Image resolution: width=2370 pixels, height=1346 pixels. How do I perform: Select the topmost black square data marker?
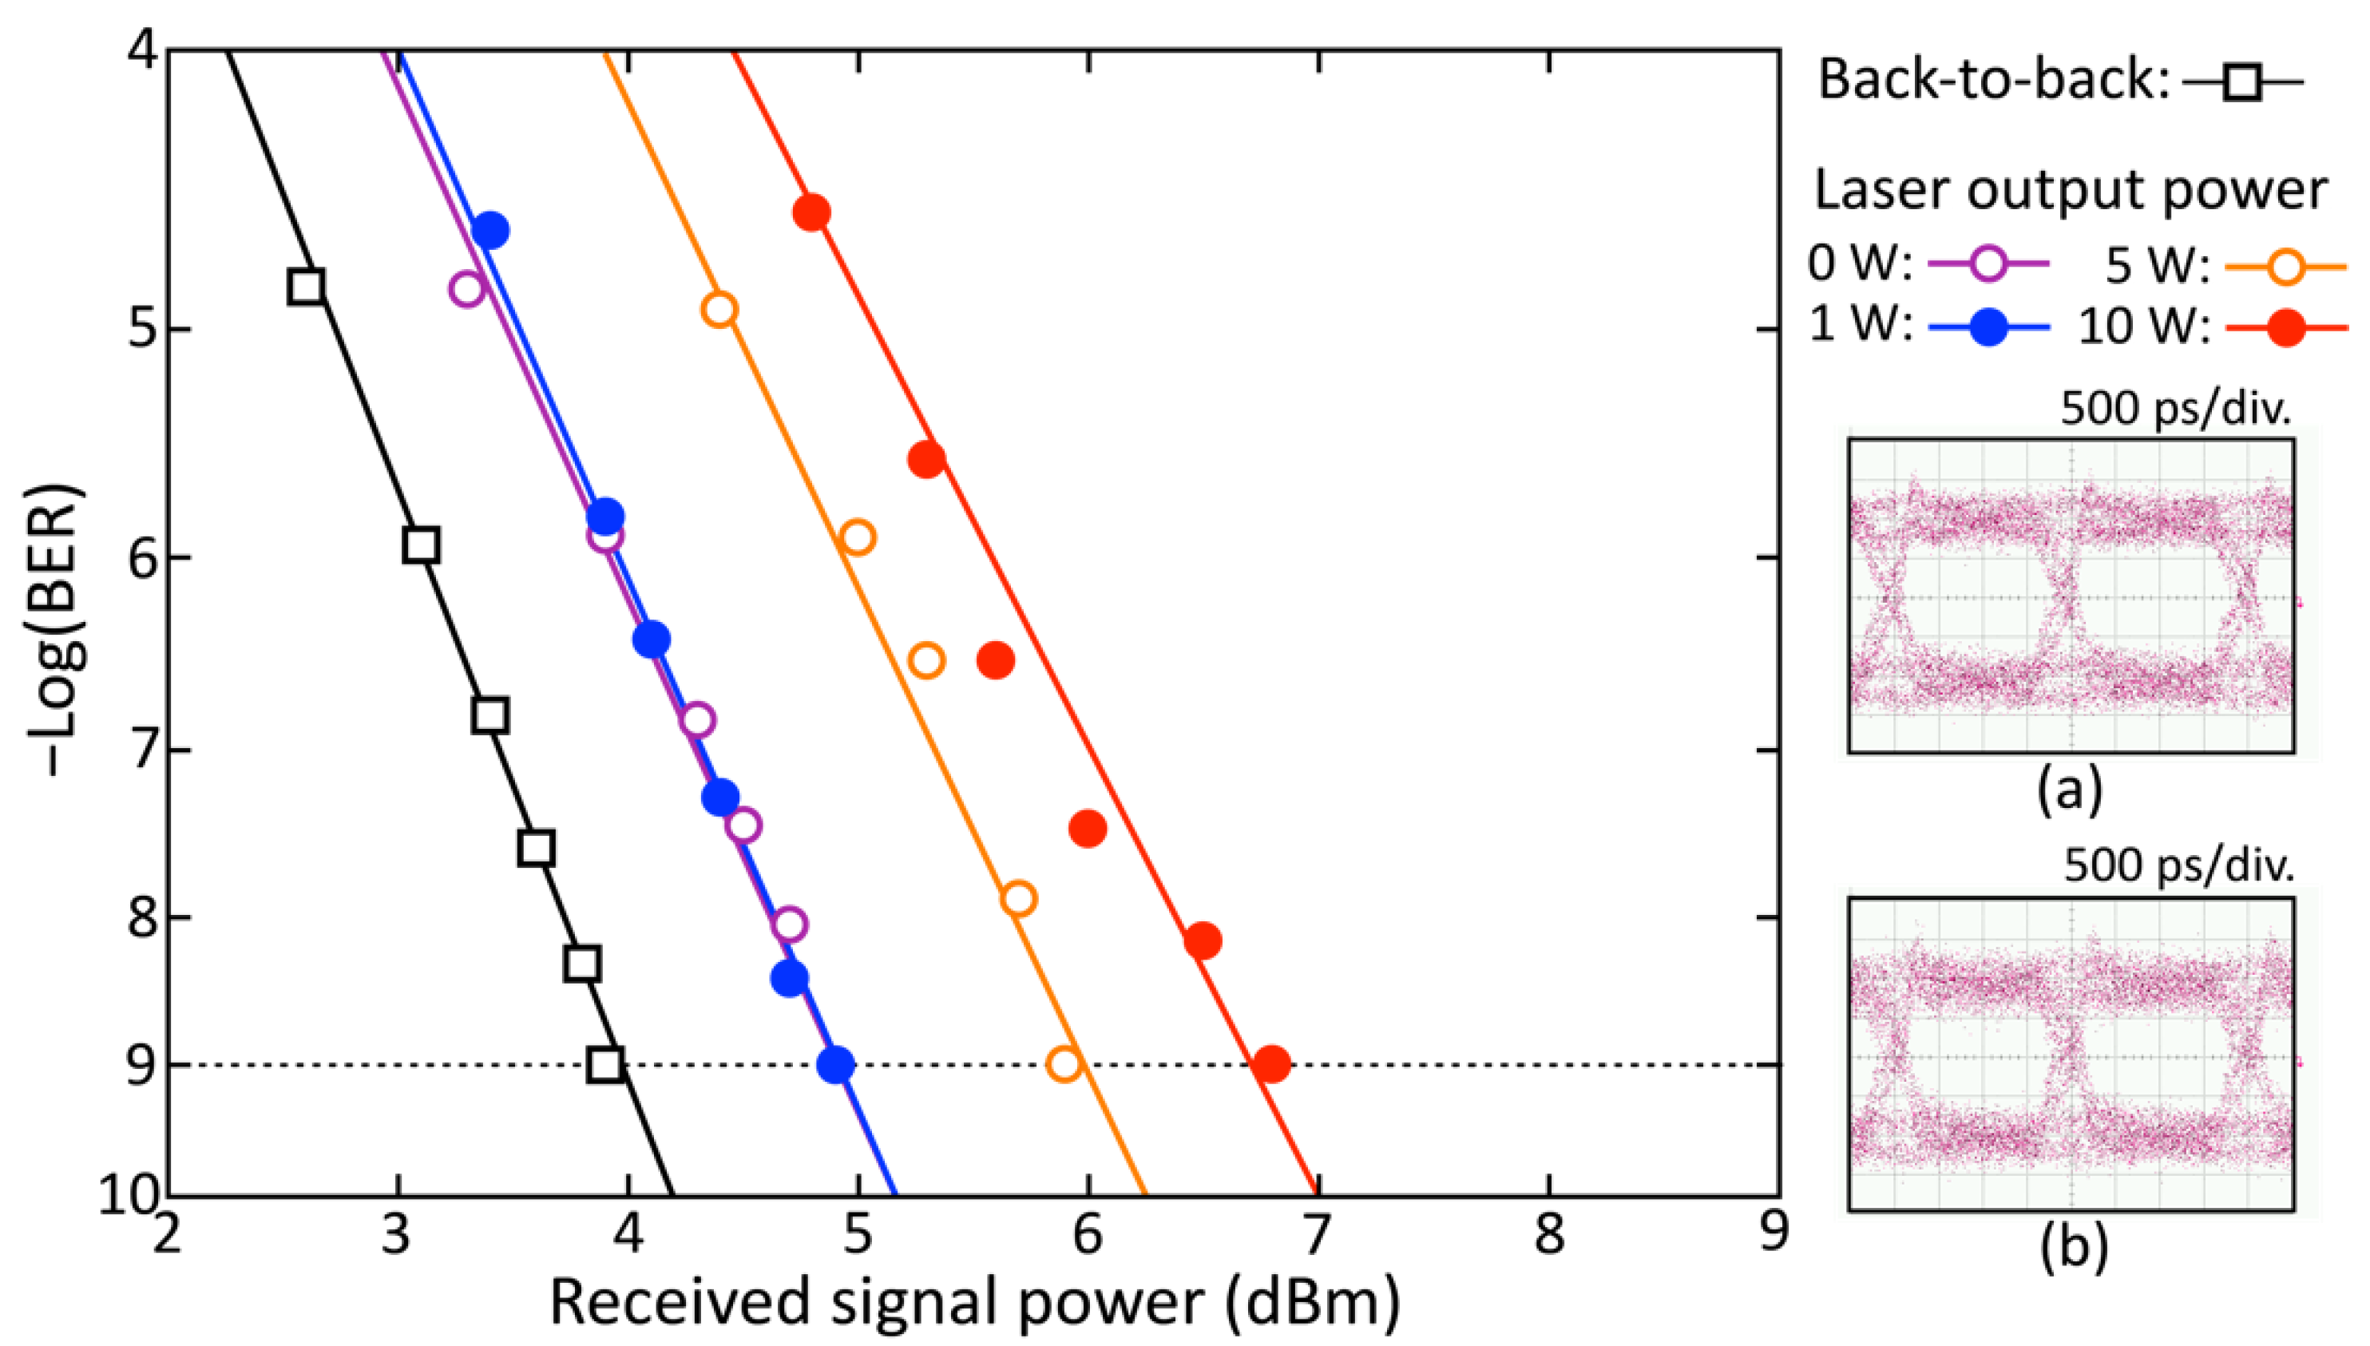pos(306,287)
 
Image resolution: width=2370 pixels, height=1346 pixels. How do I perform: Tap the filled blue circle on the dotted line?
pos(836,1064)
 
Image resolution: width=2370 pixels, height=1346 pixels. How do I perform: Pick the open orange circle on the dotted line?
pos(1064,1064)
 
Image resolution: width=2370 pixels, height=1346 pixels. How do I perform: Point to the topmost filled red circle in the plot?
pos(812,212)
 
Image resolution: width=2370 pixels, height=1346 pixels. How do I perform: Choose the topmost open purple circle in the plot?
pos(467,288)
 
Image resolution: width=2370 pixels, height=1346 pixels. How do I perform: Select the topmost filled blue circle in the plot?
pos(490,229)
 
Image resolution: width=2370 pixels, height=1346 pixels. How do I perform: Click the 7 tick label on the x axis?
pos(1317,1234)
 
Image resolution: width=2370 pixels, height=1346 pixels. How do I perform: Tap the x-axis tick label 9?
pos(1773,1234)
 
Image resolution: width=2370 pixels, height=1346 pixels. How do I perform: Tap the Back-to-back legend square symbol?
pos(2241,84)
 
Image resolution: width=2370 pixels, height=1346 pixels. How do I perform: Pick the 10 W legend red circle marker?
pos(2286,327)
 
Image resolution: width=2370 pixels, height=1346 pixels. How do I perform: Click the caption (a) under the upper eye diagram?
pos(2070,789)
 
